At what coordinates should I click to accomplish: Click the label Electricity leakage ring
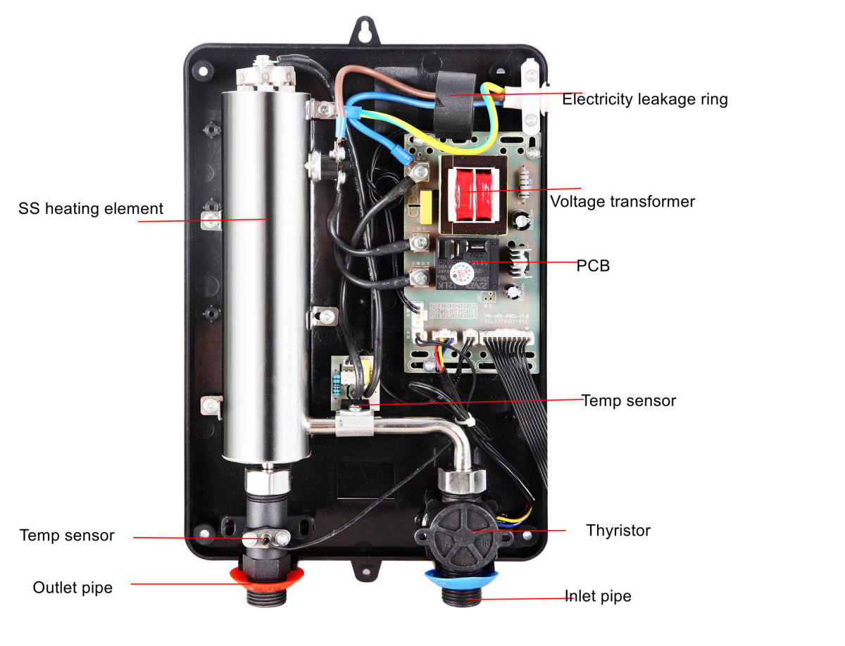coord(644,99)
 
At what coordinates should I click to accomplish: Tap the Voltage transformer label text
coord(622,202)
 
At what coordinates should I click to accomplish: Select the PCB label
coord(593,266)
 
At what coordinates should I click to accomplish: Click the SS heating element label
coord(91,209)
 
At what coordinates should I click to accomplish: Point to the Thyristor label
coord(618,530)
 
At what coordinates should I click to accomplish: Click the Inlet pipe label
coord(599,596)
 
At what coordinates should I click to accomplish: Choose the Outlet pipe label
coord(73,588)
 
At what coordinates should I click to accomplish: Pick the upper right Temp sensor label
coord(628,400)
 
